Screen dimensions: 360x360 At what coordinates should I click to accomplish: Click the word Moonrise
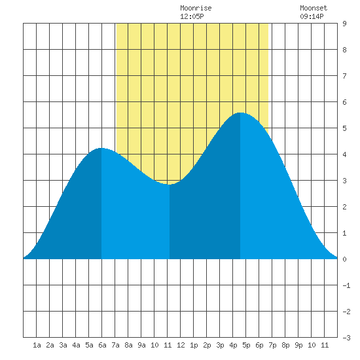(196, 8)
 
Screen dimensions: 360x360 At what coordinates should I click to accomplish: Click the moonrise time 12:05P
(192, 16)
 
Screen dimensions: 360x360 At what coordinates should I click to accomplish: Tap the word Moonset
(314, 8)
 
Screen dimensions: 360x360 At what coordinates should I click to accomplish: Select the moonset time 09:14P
(312, 16)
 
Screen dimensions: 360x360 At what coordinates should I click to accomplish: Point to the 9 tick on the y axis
(344, 24)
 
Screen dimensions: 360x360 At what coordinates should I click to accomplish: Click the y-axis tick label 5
(344, 128)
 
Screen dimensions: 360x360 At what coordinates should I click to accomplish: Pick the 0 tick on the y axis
(344, 259)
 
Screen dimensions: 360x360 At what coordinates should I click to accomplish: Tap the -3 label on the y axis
(346, 338)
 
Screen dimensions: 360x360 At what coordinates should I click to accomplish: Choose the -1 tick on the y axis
(346, 285)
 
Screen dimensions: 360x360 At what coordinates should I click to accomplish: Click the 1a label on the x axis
(37, 345)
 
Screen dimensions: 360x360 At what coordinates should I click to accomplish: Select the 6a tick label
(102, 345)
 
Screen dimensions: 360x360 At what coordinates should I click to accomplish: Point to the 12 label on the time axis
(181, 345)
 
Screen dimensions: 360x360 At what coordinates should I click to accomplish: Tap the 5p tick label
(246, 345)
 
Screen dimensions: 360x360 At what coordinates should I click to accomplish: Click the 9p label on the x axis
(298, 345)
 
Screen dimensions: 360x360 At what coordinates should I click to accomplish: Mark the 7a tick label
(115, 345)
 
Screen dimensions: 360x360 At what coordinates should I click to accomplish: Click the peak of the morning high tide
(101, 148)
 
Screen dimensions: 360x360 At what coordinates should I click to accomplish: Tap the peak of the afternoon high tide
(240, 113)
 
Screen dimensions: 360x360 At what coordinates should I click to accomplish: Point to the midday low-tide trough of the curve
(170, 185)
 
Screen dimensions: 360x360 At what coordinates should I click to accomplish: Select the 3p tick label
(220, 345)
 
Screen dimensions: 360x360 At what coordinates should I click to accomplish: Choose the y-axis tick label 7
(344, 76)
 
